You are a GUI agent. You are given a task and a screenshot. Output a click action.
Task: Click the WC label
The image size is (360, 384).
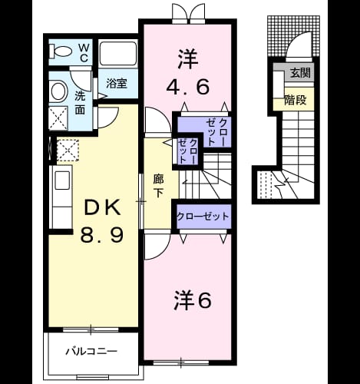click(x=84, y=53)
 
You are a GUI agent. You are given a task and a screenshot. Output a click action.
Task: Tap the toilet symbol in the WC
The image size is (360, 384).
click(x=60, y=51)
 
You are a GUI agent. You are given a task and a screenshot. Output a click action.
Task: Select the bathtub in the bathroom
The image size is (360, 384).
click(x=117, y=54)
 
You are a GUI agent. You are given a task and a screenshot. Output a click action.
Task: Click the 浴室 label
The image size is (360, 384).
click(x=117, y=83)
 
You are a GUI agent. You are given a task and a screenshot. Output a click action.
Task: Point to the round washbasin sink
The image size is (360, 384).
click(x=58, y=91)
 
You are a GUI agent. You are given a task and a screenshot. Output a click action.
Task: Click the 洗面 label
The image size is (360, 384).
click(x=80, y=103)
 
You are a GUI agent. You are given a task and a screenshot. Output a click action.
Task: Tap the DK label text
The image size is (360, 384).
click(x=102, y=207)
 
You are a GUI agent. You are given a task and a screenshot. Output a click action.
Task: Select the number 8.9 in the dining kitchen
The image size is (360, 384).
click(x=102, y=235)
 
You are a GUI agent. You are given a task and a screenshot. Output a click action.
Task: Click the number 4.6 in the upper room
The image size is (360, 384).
click(x=188, y=87)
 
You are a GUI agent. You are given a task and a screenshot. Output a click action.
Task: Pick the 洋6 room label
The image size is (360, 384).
click(x=193, y=300)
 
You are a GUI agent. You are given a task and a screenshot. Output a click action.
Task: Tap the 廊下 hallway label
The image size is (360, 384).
click(x=158, y=186)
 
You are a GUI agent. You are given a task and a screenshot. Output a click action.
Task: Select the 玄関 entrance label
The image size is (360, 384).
click(x=300, y=73)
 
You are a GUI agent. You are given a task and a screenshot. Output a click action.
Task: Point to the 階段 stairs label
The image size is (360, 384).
click(x=296, y=100)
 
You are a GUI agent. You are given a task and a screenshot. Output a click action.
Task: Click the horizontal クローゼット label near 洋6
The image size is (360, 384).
click(x=203, y=217)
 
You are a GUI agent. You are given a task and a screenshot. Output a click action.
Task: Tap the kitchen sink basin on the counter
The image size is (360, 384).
click(x=62, y=180)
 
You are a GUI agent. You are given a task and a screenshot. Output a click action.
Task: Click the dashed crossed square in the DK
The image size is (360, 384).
click(x=68, y=151)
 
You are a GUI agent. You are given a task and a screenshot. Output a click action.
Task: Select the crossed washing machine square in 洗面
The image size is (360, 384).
click(x=58, y=118)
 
